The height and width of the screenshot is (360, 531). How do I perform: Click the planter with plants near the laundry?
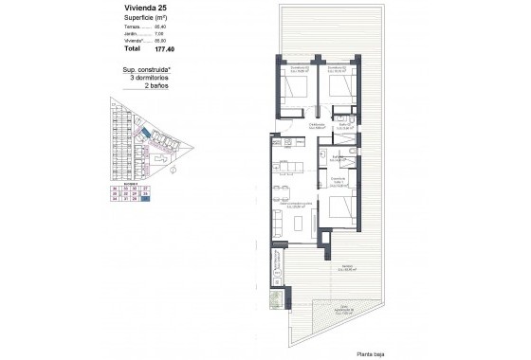coord(275,300)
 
